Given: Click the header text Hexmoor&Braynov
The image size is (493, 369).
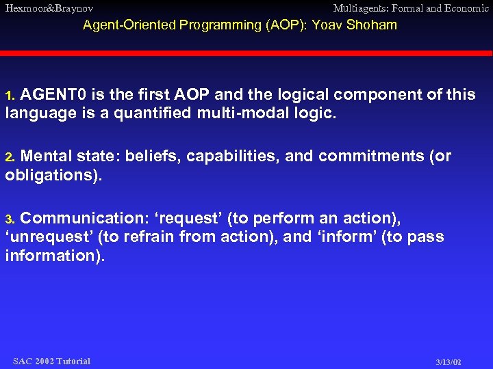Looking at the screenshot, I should click(x=49, y=8).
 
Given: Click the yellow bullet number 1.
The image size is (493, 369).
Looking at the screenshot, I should click(x=10, y=96).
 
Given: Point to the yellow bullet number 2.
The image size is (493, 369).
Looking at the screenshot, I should click(x=10, y=157).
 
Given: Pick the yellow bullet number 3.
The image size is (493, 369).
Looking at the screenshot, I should click(x=10, y=219).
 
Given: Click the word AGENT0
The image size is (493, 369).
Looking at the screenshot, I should click(x=54, y=95).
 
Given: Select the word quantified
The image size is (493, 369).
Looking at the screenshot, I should click(x=157, y=113).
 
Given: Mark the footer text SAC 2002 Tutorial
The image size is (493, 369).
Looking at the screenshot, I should click(x=51, y=361).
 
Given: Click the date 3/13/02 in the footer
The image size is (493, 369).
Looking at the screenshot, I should click(x=448, y=361).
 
